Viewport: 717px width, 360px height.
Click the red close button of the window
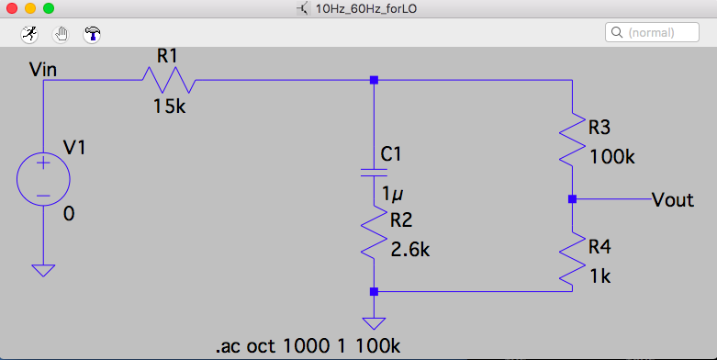point(12,8)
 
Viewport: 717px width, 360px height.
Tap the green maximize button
point(48,8)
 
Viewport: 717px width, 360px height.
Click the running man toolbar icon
point(29,34)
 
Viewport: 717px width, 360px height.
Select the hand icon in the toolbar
point(61,34)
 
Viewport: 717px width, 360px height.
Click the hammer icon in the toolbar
point(92,34)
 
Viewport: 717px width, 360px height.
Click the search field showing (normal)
point(652,32)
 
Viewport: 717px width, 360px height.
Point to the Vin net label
point(43,70)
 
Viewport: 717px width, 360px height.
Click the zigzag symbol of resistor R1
point(169,80)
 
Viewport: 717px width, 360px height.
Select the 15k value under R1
point(169,107)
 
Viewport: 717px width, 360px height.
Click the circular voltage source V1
point(43,179)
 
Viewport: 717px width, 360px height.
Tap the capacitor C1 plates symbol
point(374,173)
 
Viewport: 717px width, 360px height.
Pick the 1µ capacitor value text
point(392,195)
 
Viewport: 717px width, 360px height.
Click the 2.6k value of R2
point(410,250)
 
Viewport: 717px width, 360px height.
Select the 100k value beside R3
point(612,157)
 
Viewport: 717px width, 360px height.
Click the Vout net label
point(673,200)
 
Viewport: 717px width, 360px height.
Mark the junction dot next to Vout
point(572,199)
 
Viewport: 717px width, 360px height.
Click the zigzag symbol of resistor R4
point(572,259)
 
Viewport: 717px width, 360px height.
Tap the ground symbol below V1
point(43,270)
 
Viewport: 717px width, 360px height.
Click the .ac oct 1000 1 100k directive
point(308,346)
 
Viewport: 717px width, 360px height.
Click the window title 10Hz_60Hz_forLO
point(365,8)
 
